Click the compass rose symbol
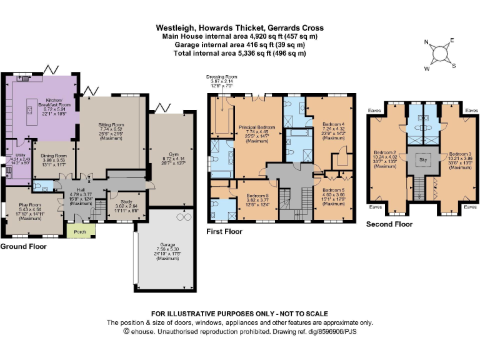(441, 52)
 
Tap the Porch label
(79, 231)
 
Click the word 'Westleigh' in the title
(172, 28)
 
